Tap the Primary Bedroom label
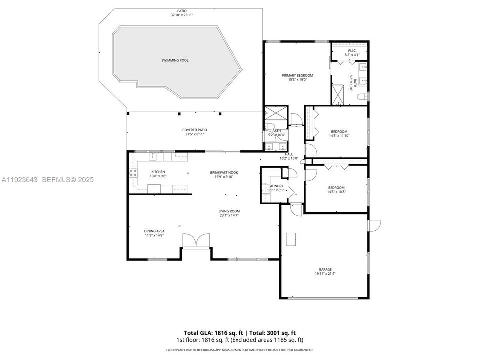tap(297, 75)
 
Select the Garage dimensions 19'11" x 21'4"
tap(325, 274)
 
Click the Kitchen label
tap(158, 172)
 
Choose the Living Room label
tap(229, 211)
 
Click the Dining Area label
tap(154, 231)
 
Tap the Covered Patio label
tap(194, 130)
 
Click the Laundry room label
tap(276, 186)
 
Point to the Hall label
tap(289, 154)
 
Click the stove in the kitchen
tap(133, 173)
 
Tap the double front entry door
tap(196, 241)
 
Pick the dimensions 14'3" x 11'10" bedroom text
tap(338, 135)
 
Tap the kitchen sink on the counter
tap(153, 157)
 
